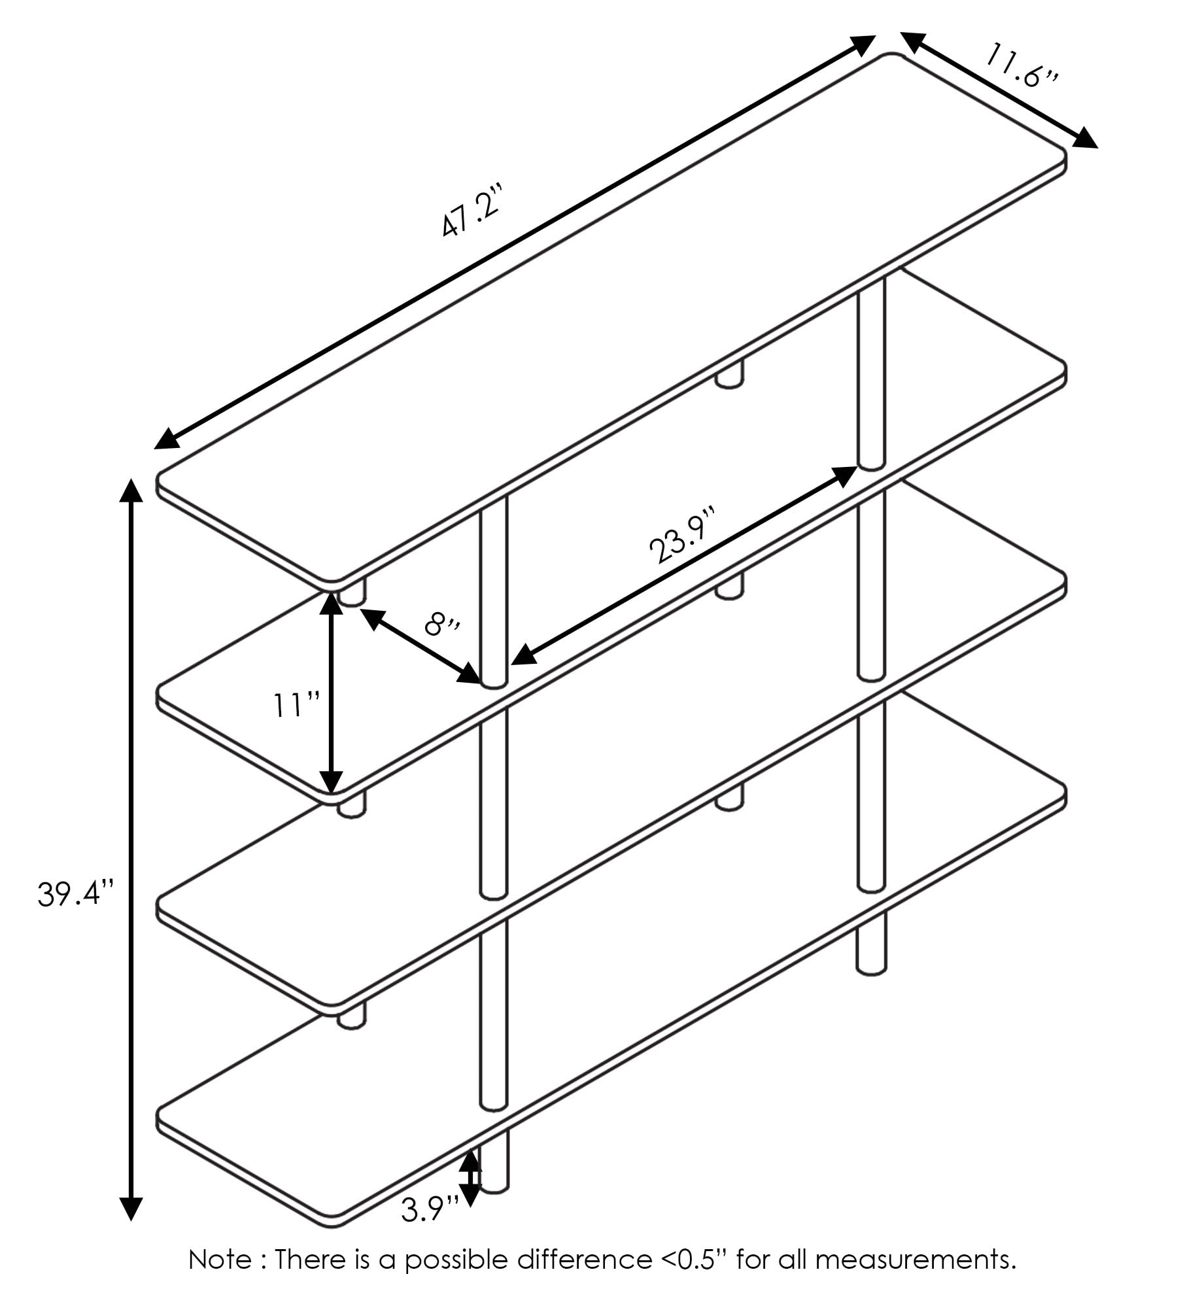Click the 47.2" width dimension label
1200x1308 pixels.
click(x=471, y=211)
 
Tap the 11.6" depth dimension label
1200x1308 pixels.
click(x=1020, y=65)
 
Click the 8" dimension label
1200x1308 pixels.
click(x=442, y=623)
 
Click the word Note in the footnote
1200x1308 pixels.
click(x=220, y=1259)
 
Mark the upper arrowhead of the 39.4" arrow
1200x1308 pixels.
click(x=131, y=490)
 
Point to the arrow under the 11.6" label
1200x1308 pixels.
click(x=1000, y=90)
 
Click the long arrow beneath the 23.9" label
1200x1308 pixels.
click(x=684, y=566)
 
